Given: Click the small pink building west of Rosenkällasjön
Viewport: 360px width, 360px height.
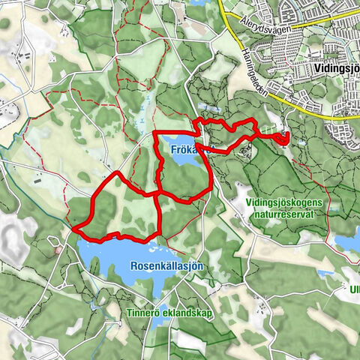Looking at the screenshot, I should (x=58, y=250).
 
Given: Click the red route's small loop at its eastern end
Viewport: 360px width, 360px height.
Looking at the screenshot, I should (x=283, y=137).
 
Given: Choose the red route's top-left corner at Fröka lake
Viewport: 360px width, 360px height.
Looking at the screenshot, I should (x=154, y=133).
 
